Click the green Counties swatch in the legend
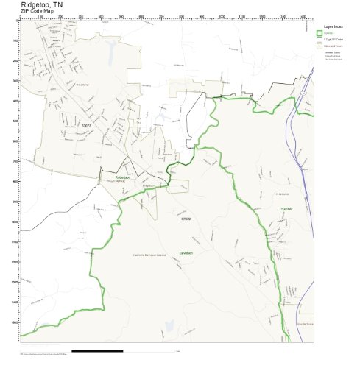coord(320,34)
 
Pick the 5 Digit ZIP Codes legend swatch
coord(320,40)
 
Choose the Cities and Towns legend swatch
coord(320,46)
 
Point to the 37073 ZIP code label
coord(85,126)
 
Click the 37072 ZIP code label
coord(186,219)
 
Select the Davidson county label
coord(186,252)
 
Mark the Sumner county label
coord(286,210)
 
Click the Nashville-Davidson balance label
coord(149,255)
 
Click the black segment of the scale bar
coord(102,348)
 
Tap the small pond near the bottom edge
coord(169,325)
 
